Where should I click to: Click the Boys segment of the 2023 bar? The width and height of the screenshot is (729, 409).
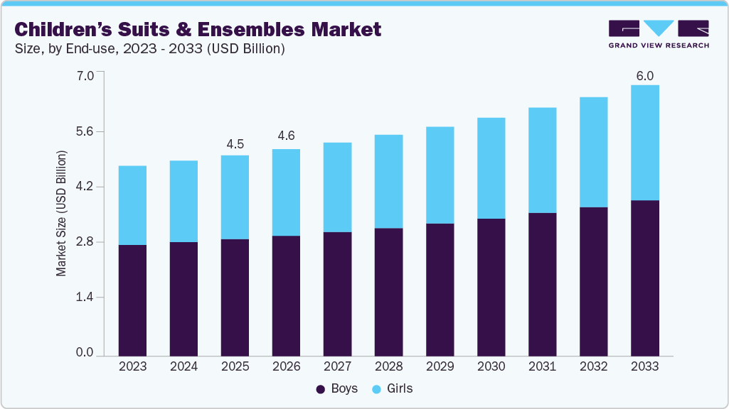tap(132, 300)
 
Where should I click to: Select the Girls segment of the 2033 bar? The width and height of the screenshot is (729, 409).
tap(644, 142)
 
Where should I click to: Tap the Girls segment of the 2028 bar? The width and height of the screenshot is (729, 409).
tap(388, 181)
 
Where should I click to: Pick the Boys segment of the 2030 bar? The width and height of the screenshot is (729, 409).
tap(491, 287)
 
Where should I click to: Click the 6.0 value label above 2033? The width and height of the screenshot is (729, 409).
tap(644, 76)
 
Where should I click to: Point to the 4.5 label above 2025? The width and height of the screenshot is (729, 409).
tap(235, 144)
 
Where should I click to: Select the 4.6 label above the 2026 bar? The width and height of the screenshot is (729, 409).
tap(286, 136)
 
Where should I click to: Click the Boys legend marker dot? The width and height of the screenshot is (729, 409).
tap(320, 389)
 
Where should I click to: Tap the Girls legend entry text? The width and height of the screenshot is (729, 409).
tap(400, 389)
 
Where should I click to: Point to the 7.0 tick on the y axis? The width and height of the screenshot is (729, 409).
tap(85, 75)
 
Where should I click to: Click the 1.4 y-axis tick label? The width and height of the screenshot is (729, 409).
tap(85, 298)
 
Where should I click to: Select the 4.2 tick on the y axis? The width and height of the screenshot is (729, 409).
tap(85, 187)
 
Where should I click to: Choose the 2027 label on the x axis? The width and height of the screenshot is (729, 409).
tap(337, 366)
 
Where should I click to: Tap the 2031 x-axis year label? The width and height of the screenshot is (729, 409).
tap(542, 366)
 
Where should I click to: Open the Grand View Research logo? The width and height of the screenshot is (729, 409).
tap(658, 34)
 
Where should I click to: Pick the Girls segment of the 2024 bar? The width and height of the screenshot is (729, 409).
tap(183, 201)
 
